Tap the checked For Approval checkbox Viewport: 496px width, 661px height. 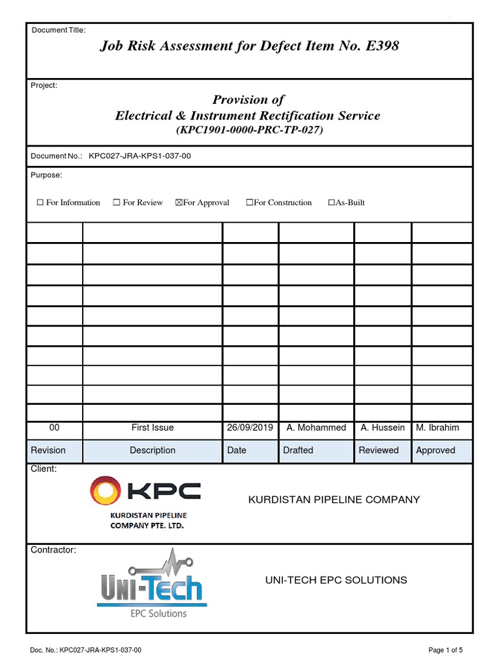[x=179, y=203]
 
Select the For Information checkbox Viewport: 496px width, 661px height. [x=40, y=203]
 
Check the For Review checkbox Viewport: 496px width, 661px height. [x=116, y=203]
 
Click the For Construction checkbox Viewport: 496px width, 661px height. [x=249, y=203]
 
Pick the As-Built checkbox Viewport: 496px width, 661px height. [x=331, y=203]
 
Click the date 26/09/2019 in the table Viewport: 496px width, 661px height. [x=250, y=427]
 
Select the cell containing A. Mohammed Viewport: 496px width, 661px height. [x=316, y=427]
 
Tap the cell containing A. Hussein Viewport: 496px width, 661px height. [x=382, y=427]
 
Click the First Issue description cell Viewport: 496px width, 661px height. [x=152, y=427]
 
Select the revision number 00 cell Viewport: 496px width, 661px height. [x=54, y=427]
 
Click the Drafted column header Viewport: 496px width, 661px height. [x=298, y=450]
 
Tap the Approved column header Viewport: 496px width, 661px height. [x=435, y=450]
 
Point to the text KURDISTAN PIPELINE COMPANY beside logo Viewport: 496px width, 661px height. [x=334, y=500]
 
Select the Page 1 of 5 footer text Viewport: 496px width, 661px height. [x=446, y=649]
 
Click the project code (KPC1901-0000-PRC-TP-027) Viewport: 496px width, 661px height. [x=249, y=130]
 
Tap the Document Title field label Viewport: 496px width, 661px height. [x=58, y=30]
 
